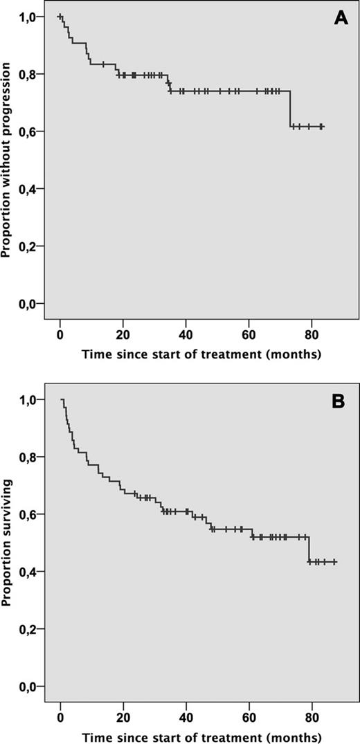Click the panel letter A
341,19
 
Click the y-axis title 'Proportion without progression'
8,159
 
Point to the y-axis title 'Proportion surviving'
8,543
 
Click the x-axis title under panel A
201,355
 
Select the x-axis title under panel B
201,735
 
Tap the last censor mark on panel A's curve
321,127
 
